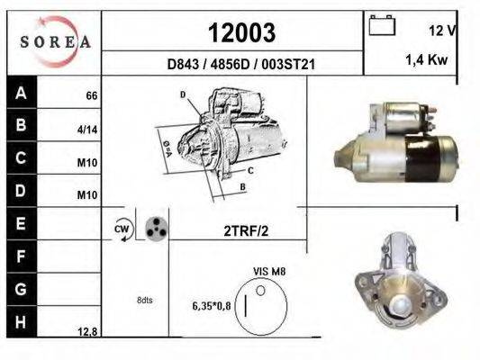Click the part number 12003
[241, 32]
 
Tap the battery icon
[382, 27]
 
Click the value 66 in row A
[91, 95]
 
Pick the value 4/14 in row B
[87, 130]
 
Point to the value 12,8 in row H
[86, 332]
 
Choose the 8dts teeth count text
[144, 300]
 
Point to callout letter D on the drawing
[182, 94]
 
